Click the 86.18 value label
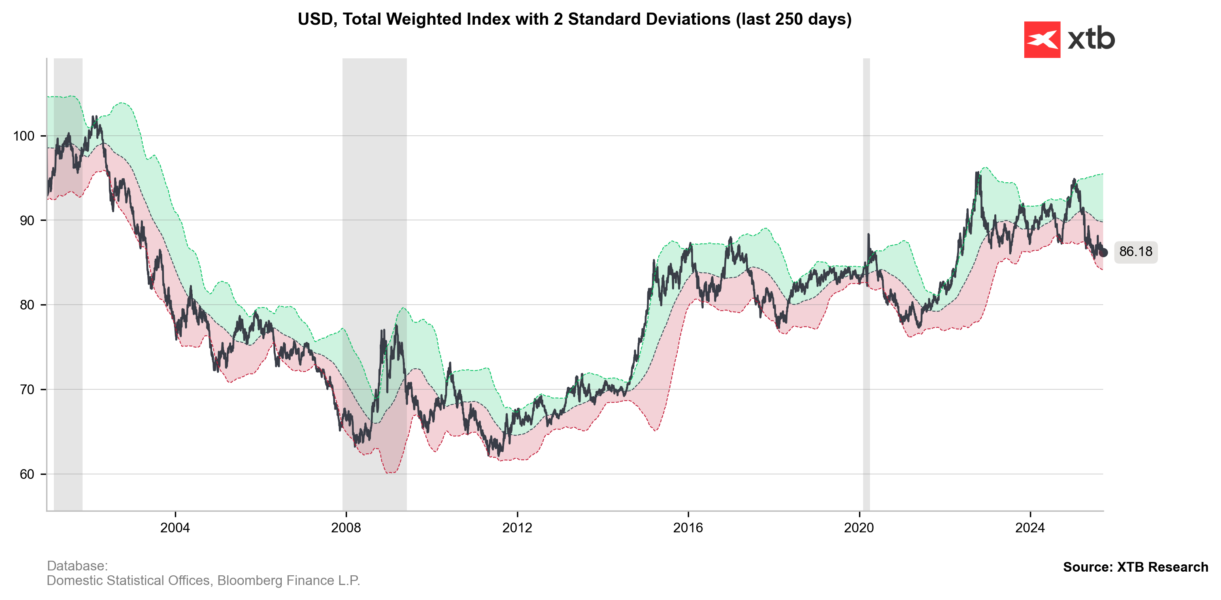(1135, 251)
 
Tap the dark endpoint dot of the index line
(1103, 252)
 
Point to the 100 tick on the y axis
(24, 136)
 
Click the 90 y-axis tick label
(27, 220)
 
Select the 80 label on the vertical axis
(27, 305)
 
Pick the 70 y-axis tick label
(27, 390)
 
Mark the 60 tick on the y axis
(27, 474)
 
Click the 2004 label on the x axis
(175, 528)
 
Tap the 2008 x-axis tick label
(346, 528)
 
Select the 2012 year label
(517, 528)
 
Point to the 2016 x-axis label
(688, 528)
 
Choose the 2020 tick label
(859, 528)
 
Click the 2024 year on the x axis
(1030, 528)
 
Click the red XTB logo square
(1042, 40)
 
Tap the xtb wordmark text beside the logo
(1091, 39)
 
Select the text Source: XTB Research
(1135, 567)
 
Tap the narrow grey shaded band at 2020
(866, 284)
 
